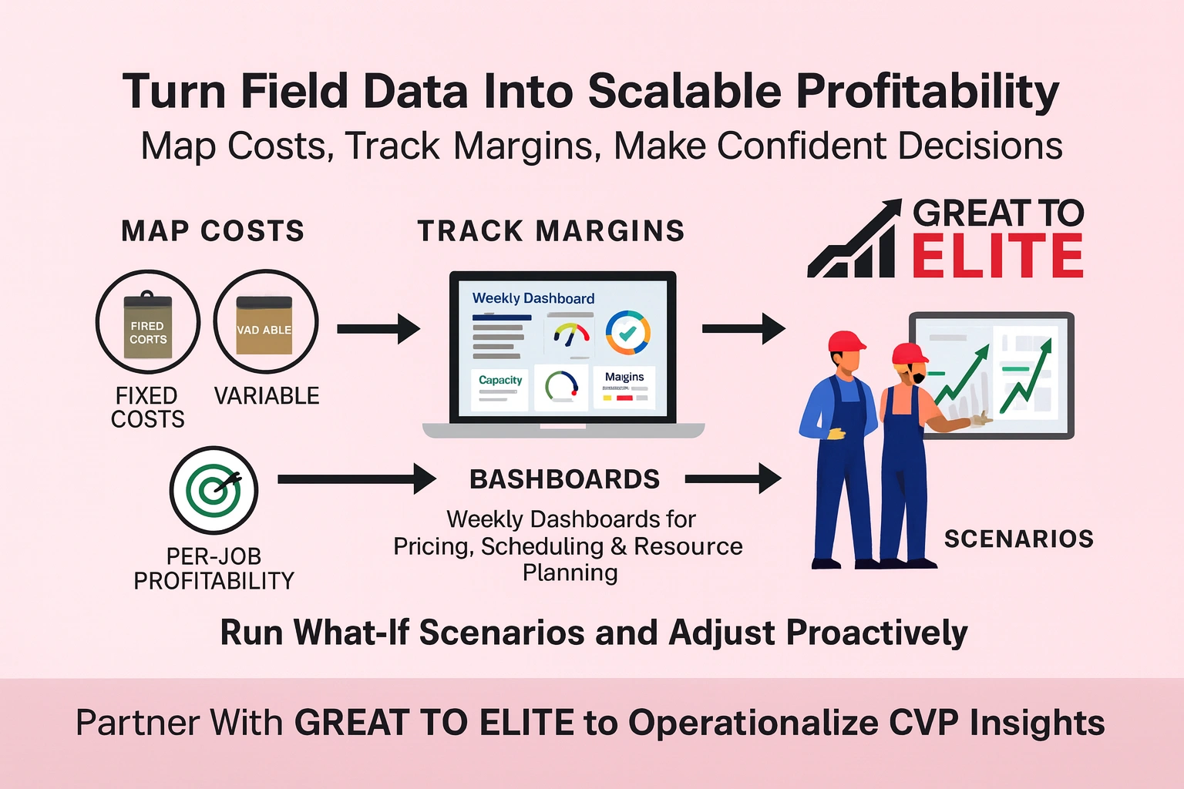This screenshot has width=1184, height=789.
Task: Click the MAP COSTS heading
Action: coord(213,231)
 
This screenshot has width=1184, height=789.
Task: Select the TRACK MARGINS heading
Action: coord(550,231)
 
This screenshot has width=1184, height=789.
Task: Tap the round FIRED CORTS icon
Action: coord(147,322)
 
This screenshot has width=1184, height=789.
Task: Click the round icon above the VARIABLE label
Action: coord(265,322)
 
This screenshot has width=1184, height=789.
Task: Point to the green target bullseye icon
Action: coord(214,490)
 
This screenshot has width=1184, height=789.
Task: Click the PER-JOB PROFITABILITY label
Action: coord(214,569)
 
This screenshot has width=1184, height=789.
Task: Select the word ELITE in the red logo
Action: coord(998,257)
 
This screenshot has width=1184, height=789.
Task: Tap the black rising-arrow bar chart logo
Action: coord(853,240)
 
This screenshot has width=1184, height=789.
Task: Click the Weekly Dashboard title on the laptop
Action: coord(533,298)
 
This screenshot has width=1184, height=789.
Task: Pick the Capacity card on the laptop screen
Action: coord(499,388)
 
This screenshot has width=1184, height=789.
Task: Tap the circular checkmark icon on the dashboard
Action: coord(627,332)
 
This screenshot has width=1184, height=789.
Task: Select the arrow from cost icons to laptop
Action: coord(378,329)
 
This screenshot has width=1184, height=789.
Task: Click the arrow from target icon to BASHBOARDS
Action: coord(356,478)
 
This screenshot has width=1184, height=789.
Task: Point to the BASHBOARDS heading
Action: coord(565,479)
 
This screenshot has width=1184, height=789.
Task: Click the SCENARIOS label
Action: coord(1018,539)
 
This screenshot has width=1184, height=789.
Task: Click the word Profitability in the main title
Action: coord(927,91)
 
